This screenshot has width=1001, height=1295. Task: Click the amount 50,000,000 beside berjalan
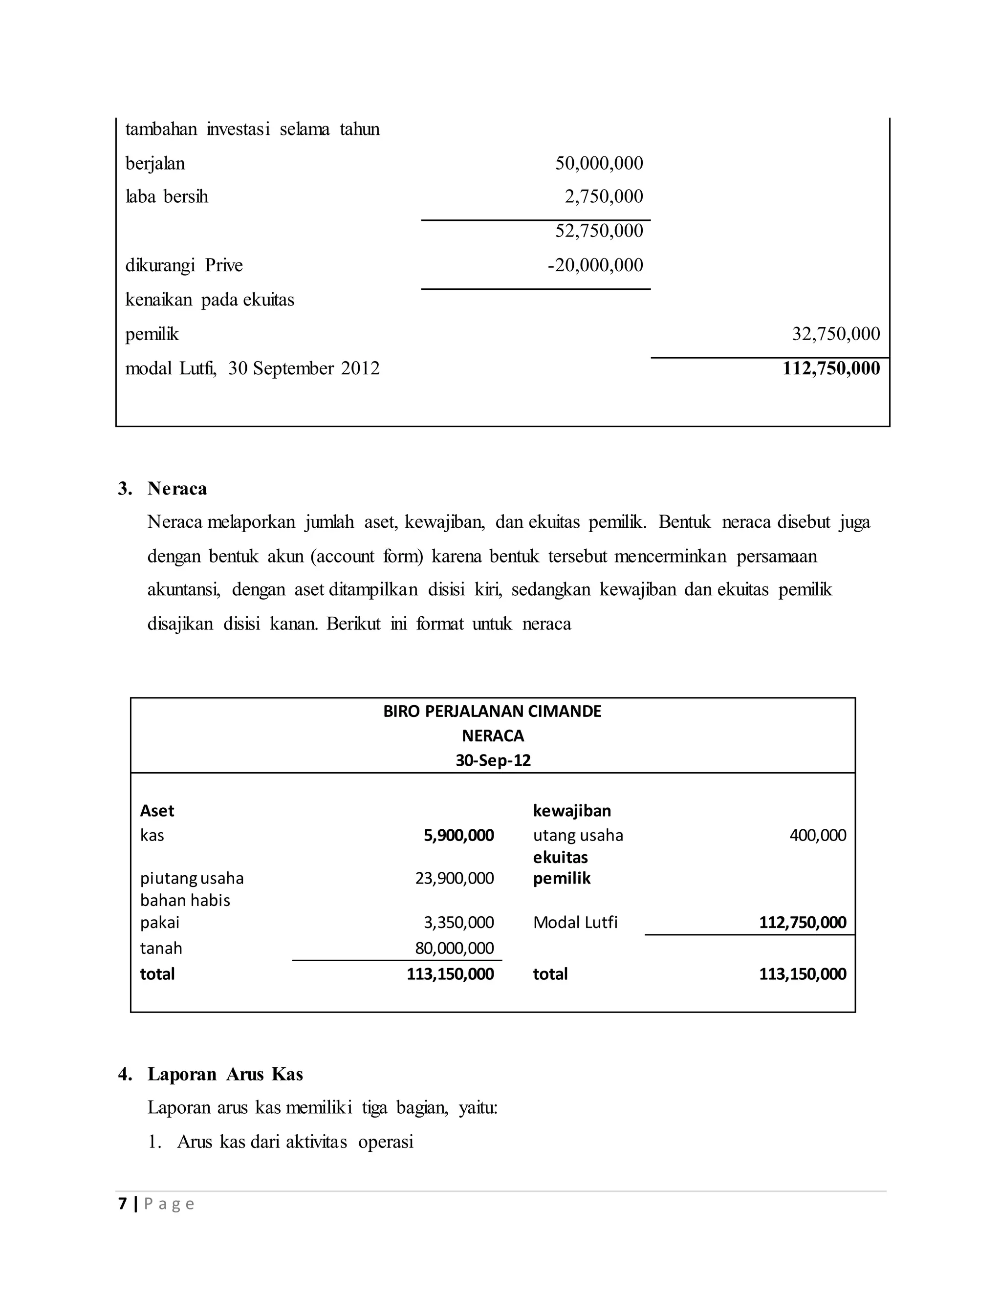click(599, 163)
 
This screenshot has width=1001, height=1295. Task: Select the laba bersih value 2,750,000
click(604, 196)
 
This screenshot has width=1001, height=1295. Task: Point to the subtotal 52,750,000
click(599, 231)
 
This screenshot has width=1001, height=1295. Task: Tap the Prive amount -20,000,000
click(595, 265)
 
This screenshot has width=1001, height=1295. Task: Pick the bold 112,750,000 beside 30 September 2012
click(831, 368)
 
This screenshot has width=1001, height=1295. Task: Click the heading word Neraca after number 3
click(177, 489)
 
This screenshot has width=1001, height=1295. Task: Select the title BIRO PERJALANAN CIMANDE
click(492, 711)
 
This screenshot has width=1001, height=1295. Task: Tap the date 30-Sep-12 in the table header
click(493, 760)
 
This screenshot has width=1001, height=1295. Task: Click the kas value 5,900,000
click(459, 836)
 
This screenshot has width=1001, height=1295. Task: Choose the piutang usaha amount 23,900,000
click(454, 878)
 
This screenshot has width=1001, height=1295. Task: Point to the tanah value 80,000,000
click(454, 948)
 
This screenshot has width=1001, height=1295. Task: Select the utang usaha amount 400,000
click(818, 836)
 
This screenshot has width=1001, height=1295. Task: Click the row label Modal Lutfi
click(575, 922)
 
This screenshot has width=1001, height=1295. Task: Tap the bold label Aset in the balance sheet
click(157, 811)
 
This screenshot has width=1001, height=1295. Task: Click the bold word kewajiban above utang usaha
click(572, 811)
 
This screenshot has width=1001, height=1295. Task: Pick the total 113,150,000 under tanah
click(450, 974)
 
